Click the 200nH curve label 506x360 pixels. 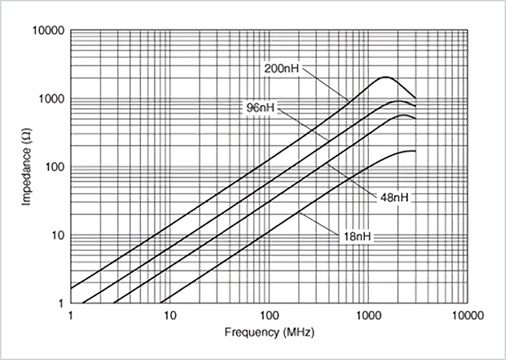(x=279, y=68)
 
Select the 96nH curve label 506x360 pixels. (x=257, y=107)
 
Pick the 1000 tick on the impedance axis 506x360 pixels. (x=49, y=99)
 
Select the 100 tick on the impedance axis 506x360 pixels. (x=52, y=168)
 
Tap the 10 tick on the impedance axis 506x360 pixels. (x=55, y=235)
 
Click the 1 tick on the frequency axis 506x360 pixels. (x=71, y=316)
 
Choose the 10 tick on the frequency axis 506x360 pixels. (x=170, y=316)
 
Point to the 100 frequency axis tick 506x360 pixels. (x=269, y=316)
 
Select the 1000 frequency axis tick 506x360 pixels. (x=367, y=316)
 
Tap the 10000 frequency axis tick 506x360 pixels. (x=466, y=316)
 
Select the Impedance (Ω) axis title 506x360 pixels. (x=27, y=168)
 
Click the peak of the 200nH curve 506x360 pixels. (x=385, y=78)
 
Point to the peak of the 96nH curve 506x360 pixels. (x=398, y=101)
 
